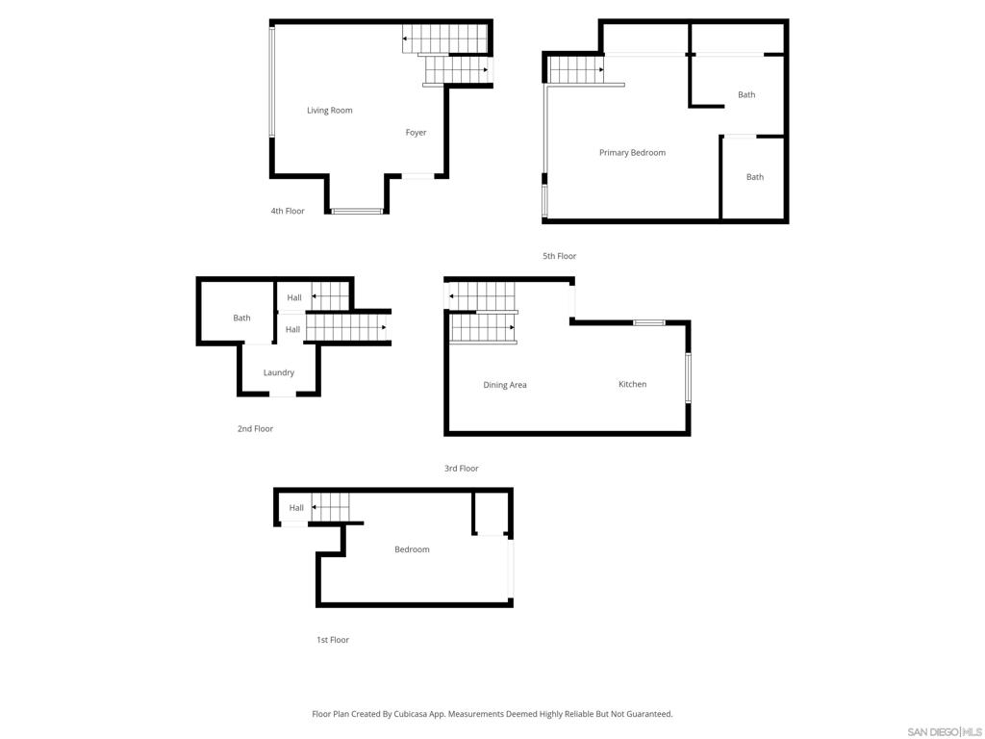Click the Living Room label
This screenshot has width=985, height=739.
tap(329, 111)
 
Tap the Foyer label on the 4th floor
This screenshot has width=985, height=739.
tap(416, 133)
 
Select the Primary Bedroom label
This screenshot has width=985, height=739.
tap(632, 153)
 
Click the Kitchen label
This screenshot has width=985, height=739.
tap(632, 384)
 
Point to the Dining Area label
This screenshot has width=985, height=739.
tap(504, 385)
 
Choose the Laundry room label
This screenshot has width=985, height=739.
tap(278, 372)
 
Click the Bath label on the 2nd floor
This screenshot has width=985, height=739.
tap(241, 318)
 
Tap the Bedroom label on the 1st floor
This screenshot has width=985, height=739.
tap(412, 549)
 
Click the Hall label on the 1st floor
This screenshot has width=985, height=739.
tap(296, 508)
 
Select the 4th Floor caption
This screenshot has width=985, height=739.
tap(288, 211)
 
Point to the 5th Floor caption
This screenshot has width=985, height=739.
tap(559, 256)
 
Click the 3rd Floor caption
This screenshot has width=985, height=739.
tap(461, 469)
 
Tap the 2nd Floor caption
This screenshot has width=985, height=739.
tap(255, 429)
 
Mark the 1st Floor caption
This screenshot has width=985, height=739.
tap(332, 640)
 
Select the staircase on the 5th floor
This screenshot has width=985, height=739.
tap(577, 69)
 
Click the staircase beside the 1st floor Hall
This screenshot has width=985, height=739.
tap(331, 507)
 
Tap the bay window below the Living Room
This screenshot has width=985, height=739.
tap(357, 211)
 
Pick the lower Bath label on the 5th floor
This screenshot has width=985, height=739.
tap(755, 177)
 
